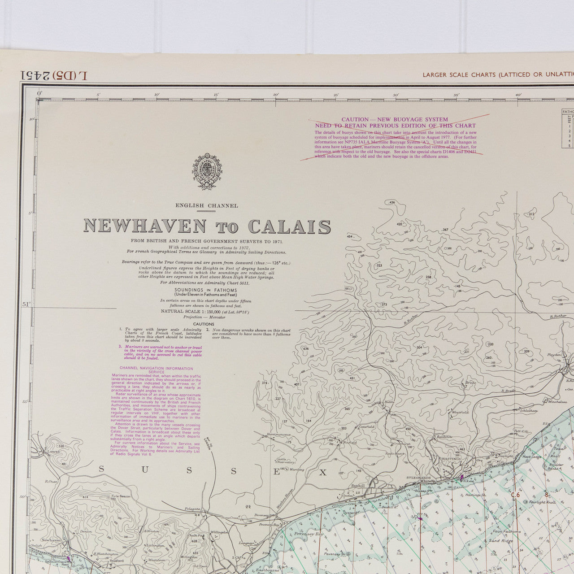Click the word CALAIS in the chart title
point(290,227)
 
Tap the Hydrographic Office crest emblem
point(207,171)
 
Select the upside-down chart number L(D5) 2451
point(54,75)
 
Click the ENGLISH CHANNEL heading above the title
point(207,206)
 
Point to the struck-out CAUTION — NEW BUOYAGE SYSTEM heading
point(395,119)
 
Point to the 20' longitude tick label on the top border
point(275,95)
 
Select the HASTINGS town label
point(450,459)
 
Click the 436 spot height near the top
point(392,203)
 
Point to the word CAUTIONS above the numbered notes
point(204,324)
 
